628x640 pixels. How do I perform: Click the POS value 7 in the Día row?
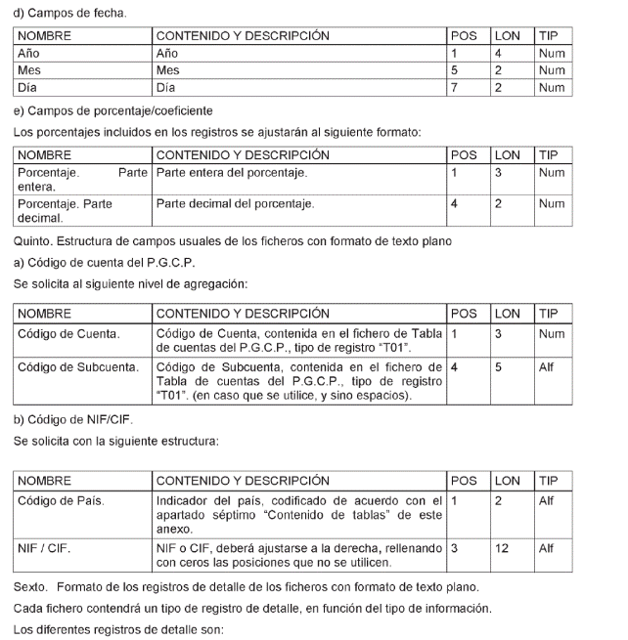click(x=454, y=88)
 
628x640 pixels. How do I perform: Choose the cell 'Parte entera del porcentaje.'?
click(x=232, y=174)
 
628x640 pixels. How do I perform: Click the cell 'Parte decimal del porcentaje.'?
click(x=235, y=203)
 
